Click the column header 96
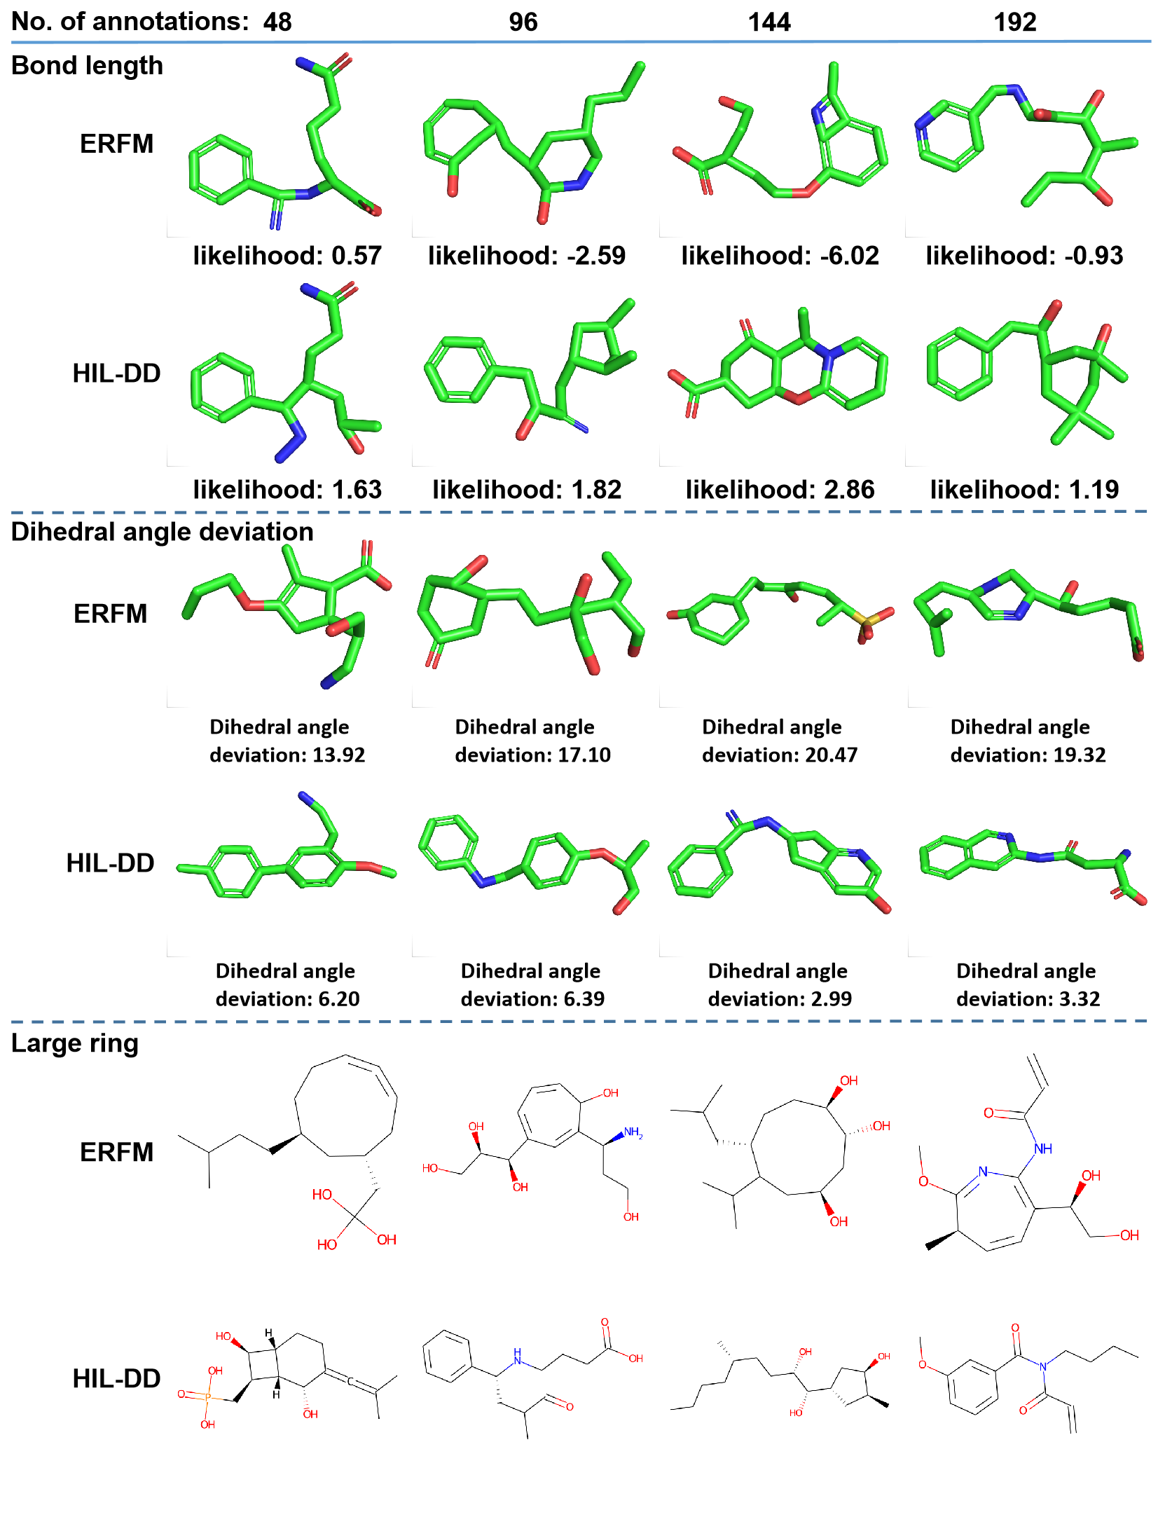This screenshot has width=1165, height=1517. click(523, 22)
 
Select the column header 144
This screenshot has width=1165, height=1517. click(768, 22)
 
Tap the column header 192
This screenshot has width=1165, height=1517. click(1014, 22)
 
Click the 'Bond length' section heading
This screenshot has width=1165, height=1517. click(87, 65)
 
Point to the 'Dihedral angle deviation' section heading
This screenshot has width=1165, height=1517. click(162, 532)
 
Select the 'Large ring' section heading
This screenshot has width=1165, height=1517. click(74, 1043)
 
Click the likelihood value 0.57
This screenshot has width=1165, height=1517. click(357, 256)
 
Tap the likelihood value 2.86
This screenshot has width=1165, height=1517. click(849, 490)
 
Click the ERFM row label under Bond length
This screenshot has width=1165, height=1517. click(116, 144)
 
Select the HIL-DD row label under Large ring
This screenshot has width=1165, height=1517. click(116, 1378)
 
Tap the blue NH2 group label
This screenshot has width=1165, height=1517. click(633, 1132)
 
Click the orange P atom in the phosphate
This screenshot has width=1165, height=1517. click(207, 1396)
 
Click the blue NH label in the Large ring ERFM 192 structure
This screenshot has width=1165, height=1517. click(1042, 1148)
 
